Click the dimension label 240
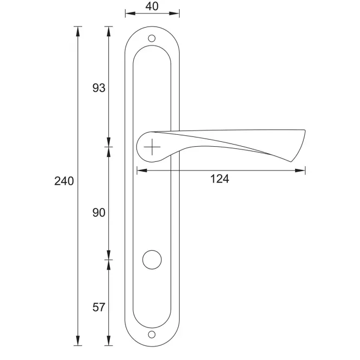64,181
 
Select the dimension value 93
99,88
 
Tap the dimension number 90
99,213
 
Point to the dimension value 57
99,307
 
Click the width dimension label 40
152,6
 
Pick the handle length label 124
220,179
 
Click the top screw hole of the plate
152,38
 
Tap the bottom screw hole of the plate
152,335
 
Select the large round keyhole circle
152,260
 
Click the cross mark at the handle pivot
152,147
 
